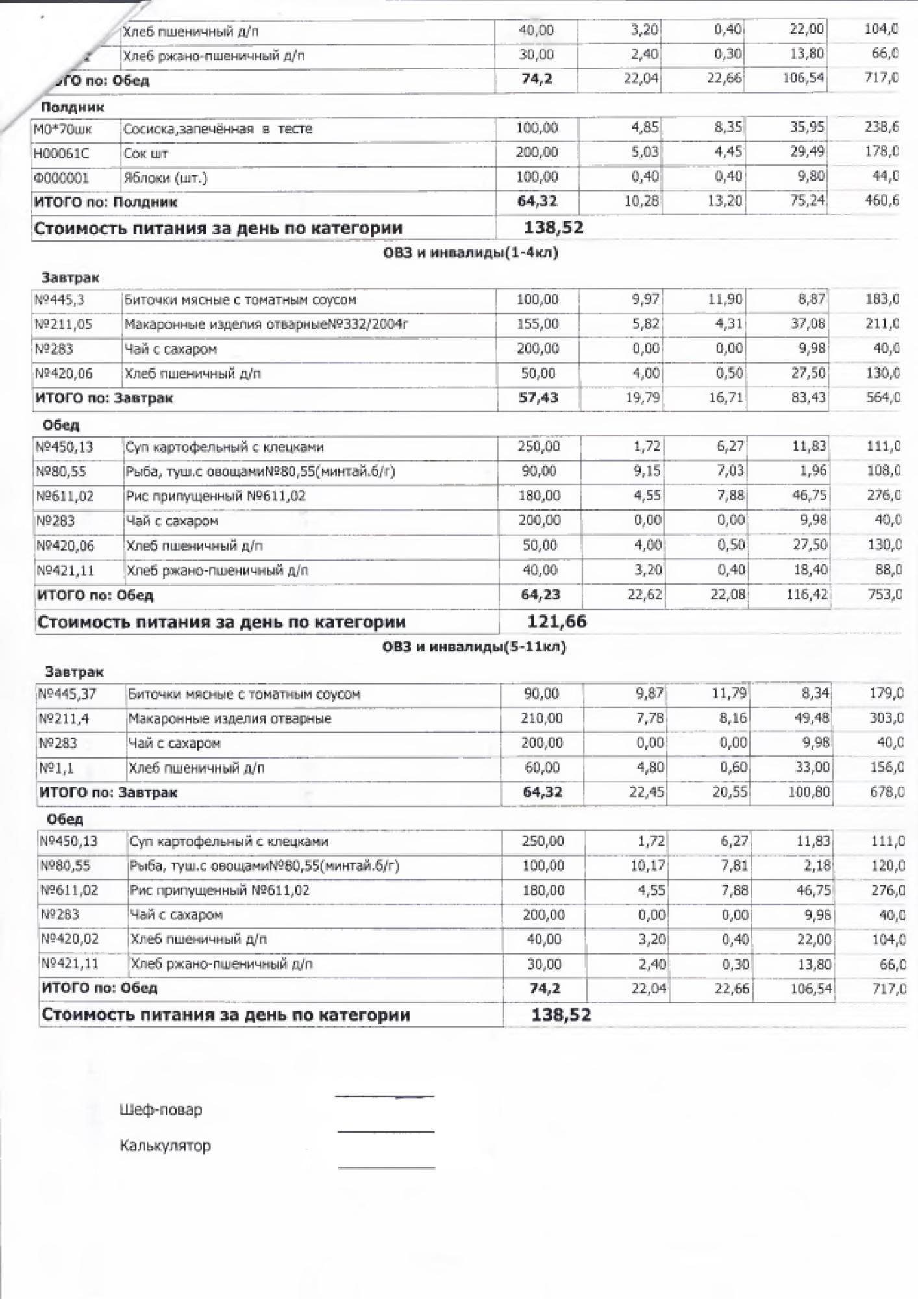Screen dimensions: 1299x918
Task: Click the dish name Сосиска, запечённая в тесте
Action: pos(217,129)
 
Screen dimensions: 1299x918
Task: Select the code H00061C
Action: pos(61,153)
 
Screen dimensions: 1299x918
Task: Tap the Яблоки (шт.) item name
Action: pos(165,178)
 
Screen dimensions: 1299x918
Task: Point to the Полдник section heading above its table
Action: pos(72,107)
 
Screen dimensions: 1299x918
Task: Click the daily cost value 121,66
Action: pos(556,622)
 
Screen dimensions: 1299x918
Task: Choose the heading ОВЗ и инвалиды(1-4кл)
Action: pos(471,253)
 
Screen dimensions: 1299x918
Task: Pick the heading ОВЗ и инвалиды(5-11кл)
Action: pos(474,647)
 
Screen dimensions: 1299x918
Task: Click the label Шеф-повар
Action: pos(160,1109)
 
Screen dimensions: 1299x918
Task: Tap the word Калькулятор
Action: pos(165,1145)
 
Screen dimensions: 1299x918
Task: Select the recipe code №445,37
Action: pos(68,694)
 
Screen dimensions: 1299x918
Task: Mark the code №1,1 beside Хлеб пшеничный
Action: pos(56,768)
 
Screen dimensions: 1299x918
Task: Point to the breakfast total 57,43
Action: pos(538,397)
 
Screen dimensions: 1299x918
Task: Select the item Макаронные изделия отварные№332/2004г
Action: pos(266,324)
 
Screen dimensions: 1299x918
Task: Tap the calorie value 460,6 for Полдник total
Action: pos(882,201)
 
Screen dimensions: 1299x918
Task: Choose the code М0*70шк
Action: pos(62,129)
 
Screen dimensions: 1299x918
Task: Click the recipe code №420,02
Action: pos(69,939)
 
